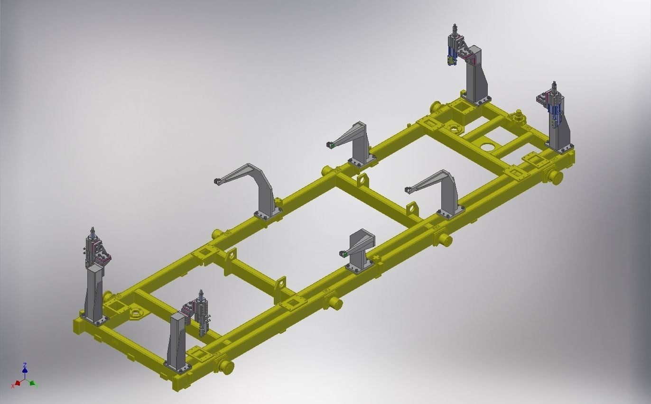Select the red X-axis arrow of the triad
pyautogui.click(x=18, y=383)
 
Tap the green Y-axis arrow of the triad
pyautogui.click(x=33, y=383)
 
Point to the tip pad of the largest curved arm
pyautogui.click(x=217, y=182)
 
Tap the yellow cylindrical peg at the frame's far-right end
pyautogui.click(x=555, y=177)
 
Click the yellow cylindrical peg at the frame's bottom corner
pyautogui.click(x=227, y=367)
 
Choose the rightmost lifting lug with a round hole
pyautogui.click(x=412, y=209)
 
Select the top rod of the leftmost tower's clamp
pyautogui.click(x=93, y=231)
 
